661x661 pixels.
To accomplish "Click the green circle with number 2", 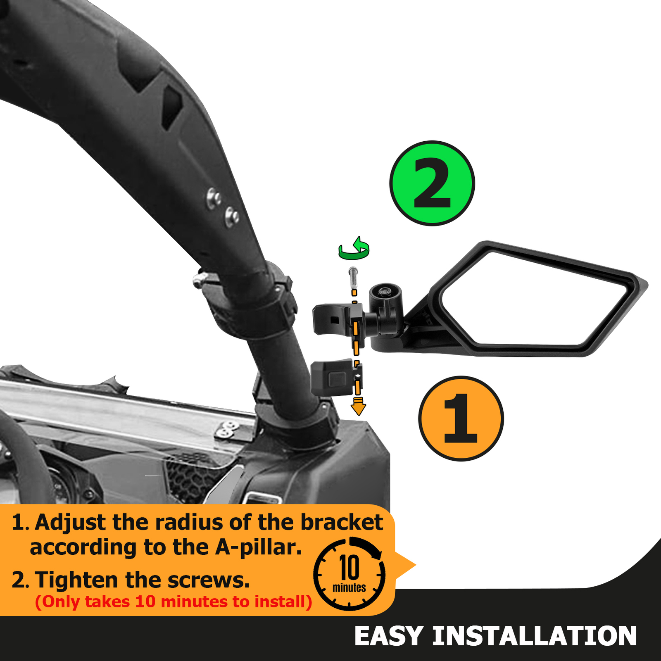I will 432,183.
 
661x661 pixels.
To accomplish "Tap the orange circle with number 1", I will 461,418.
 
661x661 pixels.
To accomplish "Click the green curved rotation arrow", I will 354,249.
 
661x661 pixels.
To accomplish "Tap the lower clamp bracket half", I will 333,377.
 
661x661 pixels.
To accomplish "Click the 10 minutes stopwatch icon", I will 350,574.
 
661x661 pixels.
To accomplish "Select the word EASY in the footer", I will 388,636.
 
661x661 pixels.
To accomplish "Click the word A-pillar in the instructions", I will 258,547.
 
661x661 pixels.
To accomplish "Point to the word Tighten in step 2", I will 76,580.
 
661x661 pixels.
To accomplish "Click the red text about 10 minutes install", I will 174,602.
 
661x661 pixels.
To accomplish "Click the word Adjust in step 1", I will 70,523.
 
